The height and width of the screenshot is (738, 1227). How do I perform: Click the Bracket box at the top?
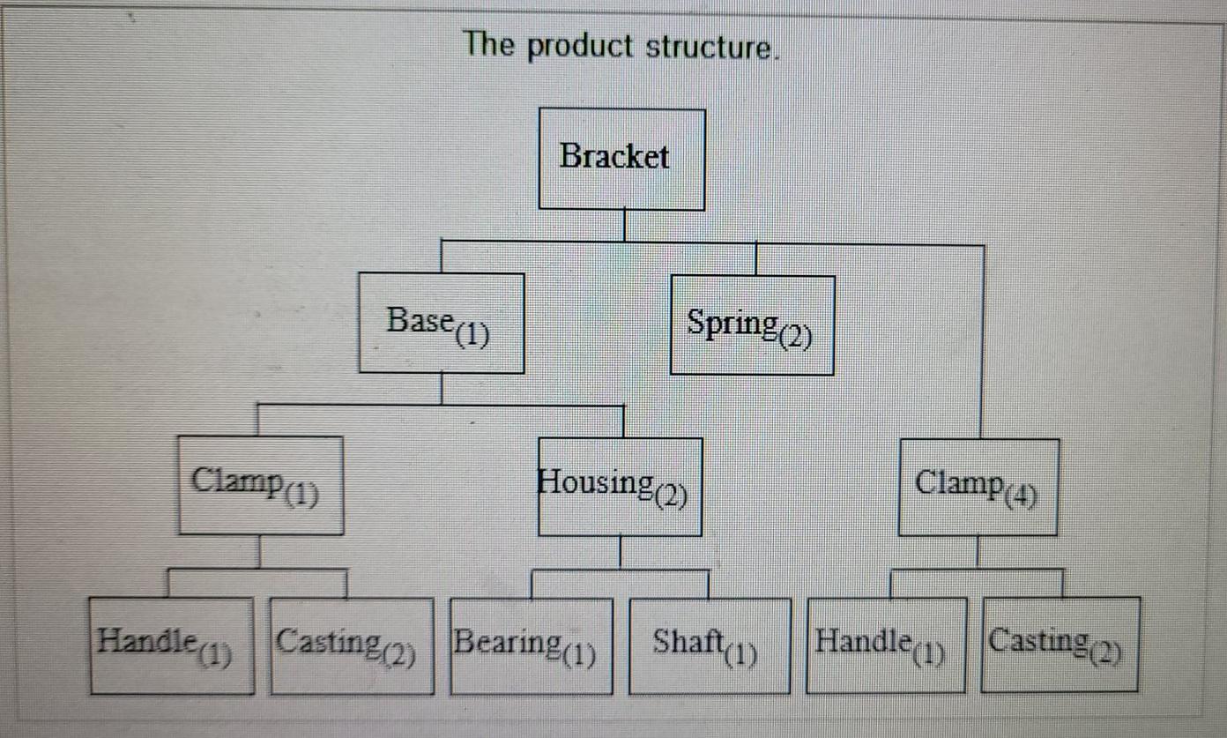(621, 160)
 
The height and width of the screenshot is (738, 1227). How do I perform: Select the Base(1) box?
(441, 323)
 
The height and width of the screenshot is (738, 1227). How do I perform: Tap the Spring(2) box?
(752, 325)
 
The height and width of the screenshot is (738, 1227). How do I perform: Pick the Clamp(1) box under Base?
(261, 485)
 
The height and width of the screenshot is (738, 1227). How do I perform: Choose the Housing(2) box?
(620, 487)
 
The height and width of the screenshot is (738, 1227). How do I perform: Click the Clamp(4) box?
(978, 487)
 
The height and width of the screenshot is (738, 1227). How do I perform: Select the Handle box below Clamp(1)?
(171, 645)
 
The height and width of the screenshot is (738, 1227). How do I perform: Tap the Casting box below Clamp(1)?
(352, 645)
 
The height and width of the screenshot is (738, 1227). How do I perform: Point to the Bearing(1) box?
(531, 645)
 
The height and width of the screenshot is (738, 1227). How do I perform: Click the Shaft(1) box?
(710, 645)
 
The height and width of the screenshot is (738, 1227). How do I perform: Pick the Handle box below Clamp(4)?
(886, 645)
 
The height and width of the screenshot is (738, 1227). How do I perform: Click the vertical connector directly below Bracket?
(625, 225)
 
